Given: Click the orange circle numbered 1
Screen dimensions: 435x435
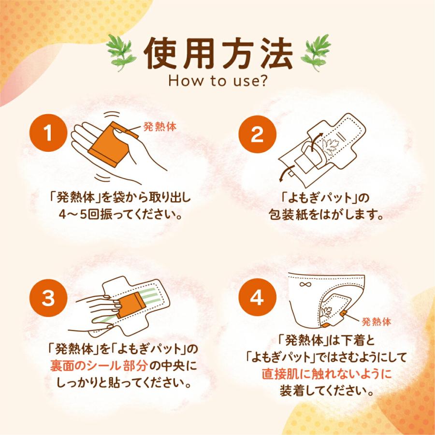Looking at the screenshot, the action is pyautogui.click(x=48, y=133).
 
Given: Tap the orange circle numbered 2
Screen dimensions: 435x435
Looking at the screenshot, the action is pyautogui.click(x=258, y=134).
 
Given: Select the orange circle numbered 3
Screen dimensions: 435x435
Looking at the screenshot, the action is pyautogui.click(x=48, y=298).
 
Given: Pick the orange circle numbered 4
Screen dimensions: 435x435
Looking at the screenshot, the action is pyautogui.click(x=258, y=298).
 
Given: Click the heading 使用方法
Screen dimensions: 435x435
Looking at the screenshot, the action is pyautogui.click(x=218, y=53).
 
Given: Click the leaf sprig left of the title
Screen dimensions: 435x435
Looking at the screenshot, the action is pyautogui.click(x=121, y=52).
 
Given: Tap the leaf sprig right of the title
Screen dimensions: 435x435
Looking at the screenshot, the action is pyautogui.click(x=316, y=52).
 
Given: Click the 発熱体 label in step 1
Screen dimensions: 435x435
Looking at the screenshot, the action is pyautogui.click(x=160, y=127).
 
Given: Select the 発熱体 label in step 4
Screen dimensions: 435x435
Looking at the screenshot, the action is pyautogui.click(x=377, y=322).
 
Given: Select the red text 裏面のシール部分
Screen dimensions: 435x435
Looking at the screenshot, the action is pyautogui.click(x=99, y=366).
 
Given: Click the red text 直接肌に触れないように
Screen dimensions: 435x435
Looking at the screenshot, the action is pyautogui.click(x=327, y=374).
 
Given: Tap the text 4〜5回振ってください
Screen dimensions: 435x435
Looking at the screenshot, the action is pyautogui.click(x=121, y=215).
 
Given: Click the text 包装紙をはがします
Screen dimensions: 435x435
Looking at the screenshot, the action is pyautogui.click(x=326, y=215).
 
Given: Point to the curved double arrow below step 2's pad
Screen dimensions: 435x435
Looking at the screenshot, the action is pyautogui.click(x=285, y=172).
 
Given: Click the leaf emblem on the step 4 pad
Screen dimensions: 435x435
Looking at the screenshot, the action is pyautogui.click(x=326, y=312).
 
